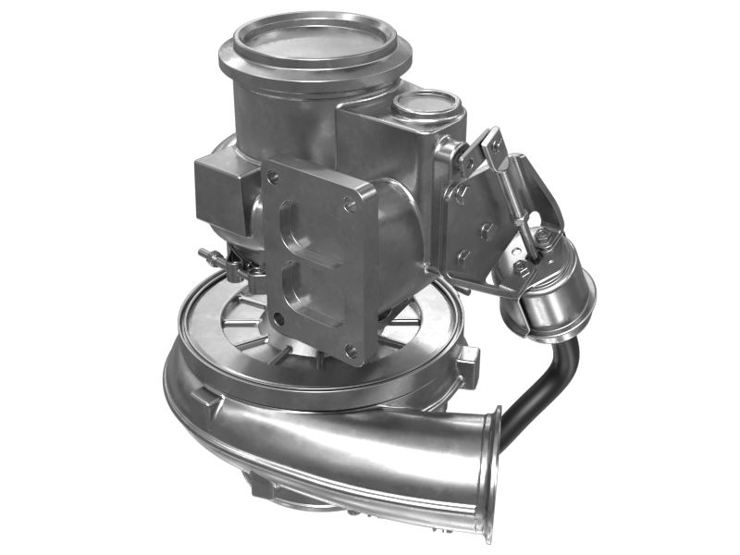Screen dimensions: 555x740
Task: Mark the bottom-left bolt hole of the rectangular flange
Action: [x=277, y=318]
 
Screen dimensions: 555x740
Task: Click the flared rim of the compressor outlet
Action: [x=489, y=472]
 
